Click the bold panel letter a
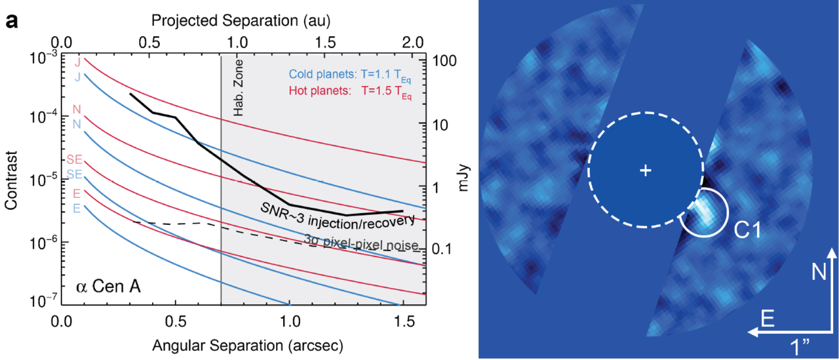pos(11,21)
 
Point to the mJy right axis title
pos(464,181)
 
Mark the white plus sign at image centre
pos(646,170)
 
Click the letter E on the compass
pos(771,319)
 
